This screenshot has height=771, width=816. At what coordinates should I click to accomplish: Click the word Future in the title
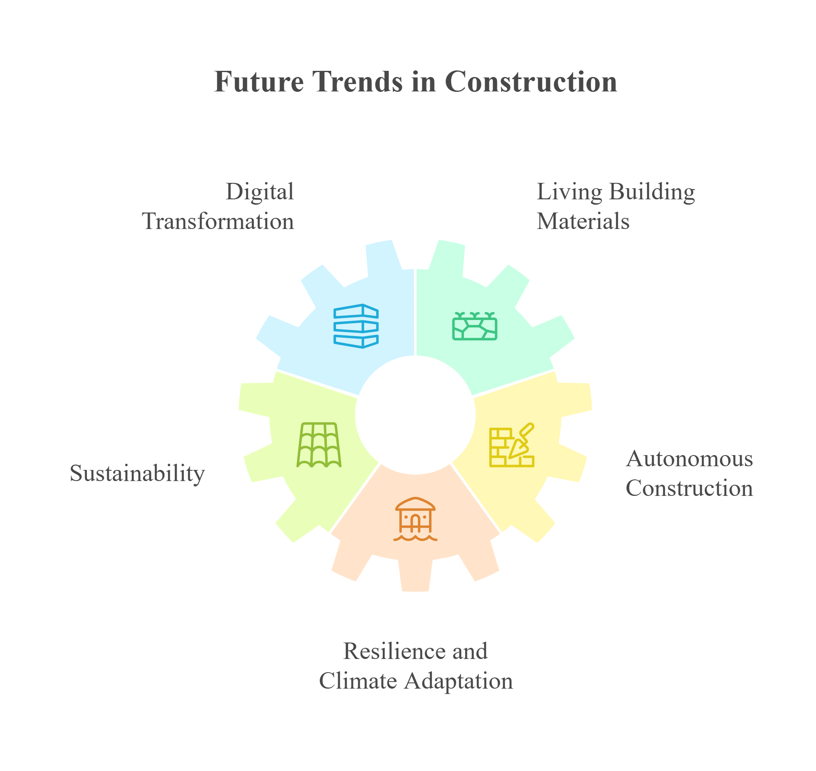click(259, 82)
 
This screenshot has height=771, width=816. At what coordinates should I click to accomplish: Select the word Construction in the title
click(531, 82)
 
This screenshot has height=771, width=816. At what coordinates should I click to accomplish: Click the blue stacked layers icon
click(356, 326)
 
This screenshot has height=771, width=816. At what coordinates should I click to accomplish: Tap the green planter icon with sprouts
click(475, 326)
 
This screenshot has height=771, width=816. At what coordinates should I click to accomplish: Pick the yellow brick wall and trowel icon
click(512, 445)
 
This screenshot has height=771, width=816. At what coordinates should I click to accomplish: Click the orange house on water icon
click(415, 519)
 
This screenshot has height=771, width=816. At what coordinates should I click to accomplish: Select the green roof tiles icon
click(319, 445)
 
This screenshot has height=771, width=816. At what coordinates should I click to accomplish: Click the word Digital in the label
click(260, 192)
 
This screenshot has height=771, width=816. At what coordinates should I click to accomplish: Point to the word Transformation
click(218, 222)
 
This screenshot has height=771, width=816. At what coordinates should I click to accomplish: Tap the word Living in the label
click(570, 192)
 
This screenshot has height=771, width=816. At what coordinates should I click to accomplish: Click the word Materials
click(583, 222)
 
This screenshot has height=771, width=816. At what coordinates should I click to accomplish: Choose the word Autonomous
click(689, 459)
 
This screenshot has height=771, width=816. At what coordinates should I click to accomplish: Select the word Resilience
click(394, 651)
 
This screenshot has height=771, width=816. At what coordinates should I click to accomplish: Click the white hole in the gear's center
click(415, 415)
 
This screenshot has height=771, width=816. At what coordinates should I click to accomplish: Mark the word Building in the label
click(652, 192)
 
